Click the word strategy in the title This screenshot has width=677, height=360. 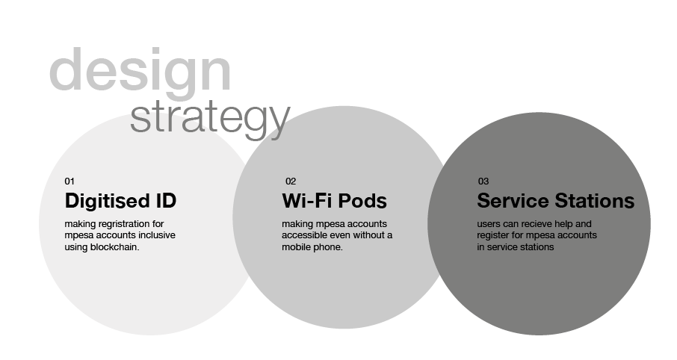[210, 118]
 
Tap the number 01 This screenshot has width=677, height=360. [69, 181]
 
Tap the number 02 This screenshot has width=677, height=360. [291, 181]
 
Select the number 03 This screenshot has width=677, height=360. [483, 181]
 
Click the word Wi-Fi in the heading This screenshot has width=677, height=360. [307, 201]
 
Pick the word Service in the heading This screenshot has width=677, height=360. [513, 201]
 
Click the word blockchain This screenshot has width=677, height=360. [114, 247]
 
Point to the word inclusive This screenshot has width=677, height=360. [157, 235]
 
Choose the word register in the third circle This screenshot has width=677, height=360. [492, 236]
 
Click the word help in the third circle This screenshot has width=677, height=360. [563, 225]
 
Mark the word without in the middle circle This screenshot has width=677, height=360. [370, 235]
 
